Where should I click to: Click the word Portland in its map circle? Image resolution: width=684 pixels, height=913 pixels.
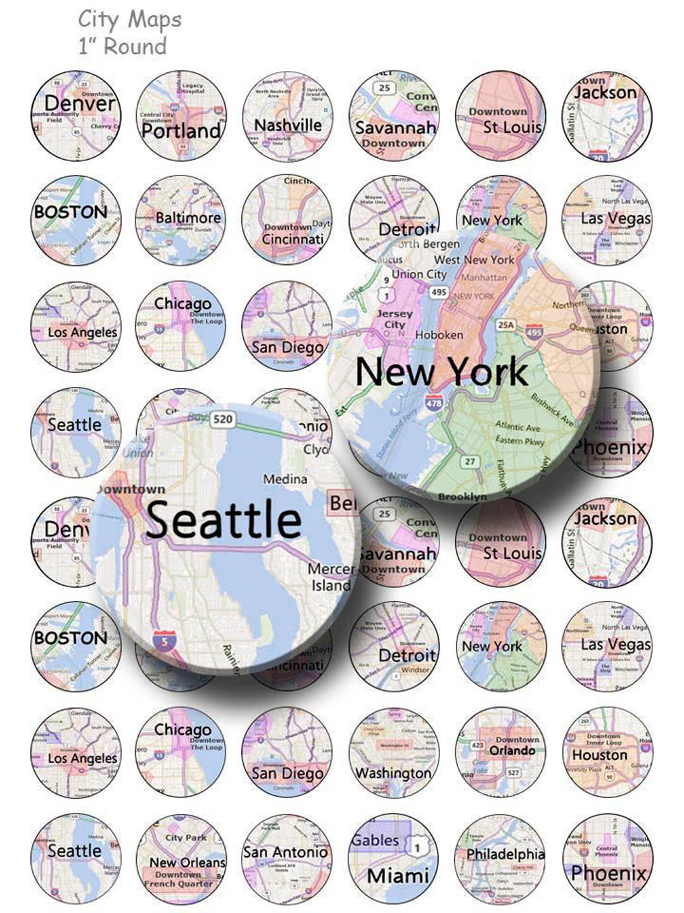[x=181, y=131]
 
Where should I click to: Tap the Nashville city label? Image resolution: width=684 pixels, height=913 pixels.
[x=288, y=125]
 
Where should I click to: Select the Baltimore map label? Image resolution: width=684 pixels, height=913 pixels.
[x=188, y=217]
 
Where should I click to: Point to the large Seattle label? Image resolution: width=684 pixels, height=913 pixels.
[x=224, y=519]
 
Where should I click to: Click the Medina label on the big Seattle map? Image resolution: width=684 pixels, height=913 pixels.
[x=285, y=479]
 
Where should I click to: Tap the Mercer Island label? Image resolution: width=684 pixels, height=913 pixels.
[x=331, y=577]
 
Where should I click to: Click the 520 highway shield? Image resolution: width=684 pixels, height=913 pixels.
[x=222, y=419]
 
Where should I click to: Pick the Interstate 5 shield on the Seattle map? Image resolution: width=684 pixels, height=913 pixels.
[x=165, y=642]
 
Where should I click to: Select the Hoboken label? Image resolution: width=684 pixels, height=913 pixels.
[x=439, y=335]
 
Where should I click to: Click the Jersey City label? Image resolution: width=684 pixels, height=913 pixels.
[x=395, y=319]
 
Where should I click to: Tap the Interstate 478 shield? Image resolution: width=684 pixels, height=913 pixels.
[x=434, y=403]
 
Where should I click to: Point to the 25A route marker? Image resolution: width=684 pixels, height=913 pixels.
[x=505, y=325]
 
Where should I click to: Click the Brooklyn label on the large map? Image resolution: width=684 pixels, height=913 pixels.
[x=462, y=496]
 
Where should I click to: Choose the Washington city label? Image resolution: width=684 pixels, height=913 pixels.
[x=393, y=773]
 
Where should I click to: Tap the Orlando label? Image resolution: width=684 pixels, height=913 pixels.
[x=512, y=751]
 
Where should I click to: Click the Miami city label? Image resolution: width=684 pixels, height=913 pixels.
[x=398, y=876]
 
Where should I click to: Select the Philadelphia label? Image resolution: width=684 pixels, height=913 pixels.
[x=505, y=854]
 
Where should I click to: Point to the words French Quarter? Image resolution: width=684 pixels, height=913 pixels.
[x=179, y=883]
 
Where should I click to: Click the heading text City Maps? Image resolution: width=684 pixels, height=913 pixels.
[x=130, y=20]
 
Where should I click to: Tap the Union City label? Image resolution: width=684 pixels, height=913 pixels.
[x=419, y=275]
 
